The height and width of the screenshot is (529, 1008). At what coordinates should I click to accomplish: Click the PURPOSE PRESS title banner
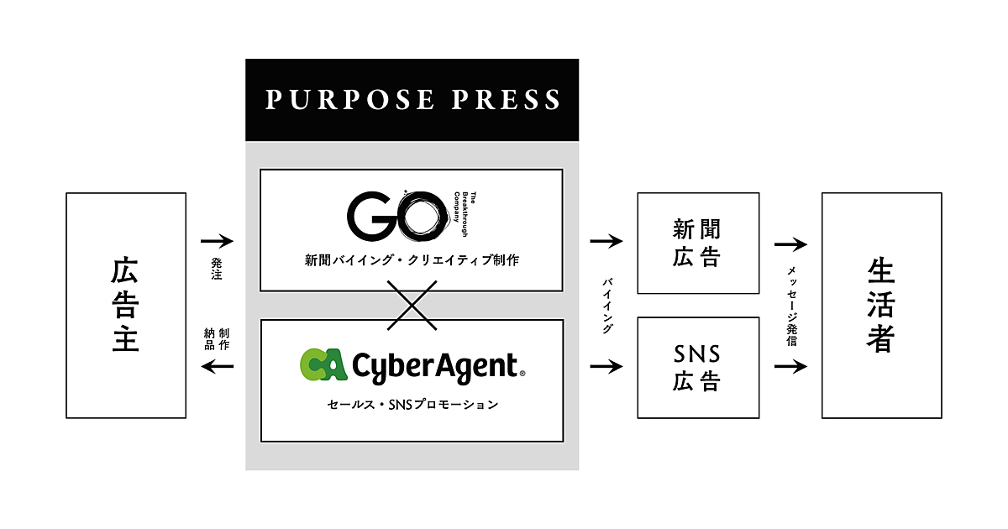pos(412,100)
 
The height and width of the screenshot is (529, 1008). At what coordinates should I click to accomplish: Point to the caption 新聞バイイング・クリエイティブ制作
pos(412,260)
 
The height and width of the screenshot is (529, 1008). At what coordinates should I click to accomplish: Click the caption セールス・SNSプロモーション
pos(412,405)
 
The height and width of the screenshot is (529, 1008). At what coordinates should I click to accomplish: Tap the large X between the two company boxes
pos(412,305)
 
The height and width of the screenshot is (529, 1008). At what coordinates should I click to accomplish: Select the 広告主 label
pos(125,305)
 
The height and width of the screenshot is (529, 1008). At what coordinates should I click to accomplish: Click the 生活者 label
pos(880,305)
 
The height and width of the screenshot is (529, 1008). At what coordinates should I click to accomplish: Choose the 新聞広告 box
pos(697,243)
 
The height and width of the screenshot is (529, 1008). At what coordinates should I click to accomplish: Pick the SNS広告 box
pos(697,367)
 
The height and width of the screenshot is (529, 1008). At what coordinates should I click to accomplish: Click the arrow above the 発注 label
pos(217,242)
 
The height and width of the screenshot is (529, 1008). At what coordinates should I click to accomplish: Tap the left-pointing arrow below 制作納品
pos(217,366)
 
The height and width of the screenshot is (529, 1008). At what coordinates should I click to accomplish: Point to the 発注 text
pos(217,269)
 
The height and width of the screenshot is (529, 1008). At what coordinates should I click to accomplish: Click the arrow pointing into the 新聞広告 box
pos(607,242)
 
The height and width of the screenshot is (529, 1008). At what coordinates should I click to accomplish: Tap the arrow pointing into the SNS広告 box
pos(607,367)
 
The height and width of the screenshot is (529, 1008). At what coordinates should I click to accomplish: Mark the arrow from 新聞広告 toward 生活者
pos(790,244)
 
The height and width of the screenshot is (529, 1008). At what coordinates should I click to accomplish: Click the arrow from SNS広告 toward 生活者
pos(790,367)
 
